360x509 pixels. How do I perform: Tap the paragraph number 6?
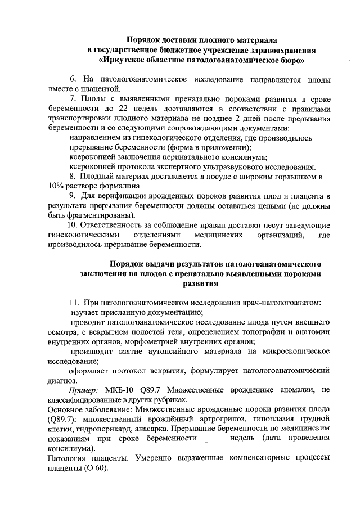pos(72,79)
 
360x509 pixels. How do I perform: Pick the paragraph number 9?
pos(73,196)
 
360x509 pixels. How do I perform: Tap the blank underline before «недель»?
pos(218,439)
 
